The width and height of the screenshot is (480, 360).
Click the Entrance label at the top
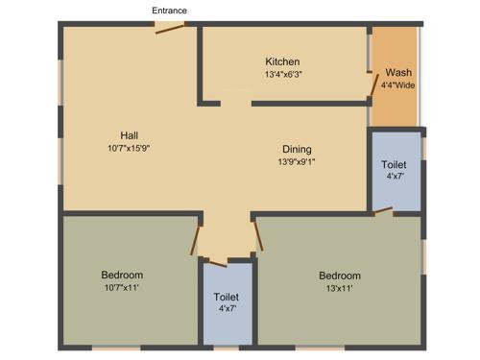coord(169,11)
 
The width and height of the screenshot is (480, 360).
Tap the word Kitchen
coord(282,61)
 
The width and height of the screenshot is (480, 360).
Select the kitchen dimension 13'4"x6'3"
coord(282,74)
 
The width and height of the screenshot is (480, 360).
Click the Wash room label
coord(397,73)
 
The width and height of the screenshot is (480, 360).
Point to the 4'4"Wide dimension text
coord(397,85)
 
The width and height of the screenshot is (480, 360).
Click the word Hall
coord(131,134)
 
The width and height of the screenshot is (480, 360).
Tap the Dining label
coord(296,149)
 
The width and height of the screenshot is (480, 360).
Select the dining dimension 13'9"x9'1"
coord(296,161)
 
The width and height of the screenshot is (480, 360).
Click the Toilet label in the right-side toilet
coord(395,164)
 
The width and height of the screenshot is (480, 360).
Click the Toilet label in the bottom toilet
coord(227,298)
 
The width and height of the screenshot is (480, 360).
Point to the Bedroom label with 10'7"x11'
coord(122,276)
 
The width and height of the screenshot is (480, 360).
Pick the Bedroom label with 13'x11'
coord(340,276)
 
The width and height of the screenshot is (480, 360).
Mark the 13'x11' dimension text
coord(340,288)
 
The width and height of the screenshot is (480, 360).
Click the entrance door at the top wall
coord(170,29)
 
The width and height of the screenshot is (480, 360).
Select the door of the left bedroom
coord(198,238)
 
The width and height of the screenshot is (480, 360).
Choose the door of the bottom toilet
coord(217,261)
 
